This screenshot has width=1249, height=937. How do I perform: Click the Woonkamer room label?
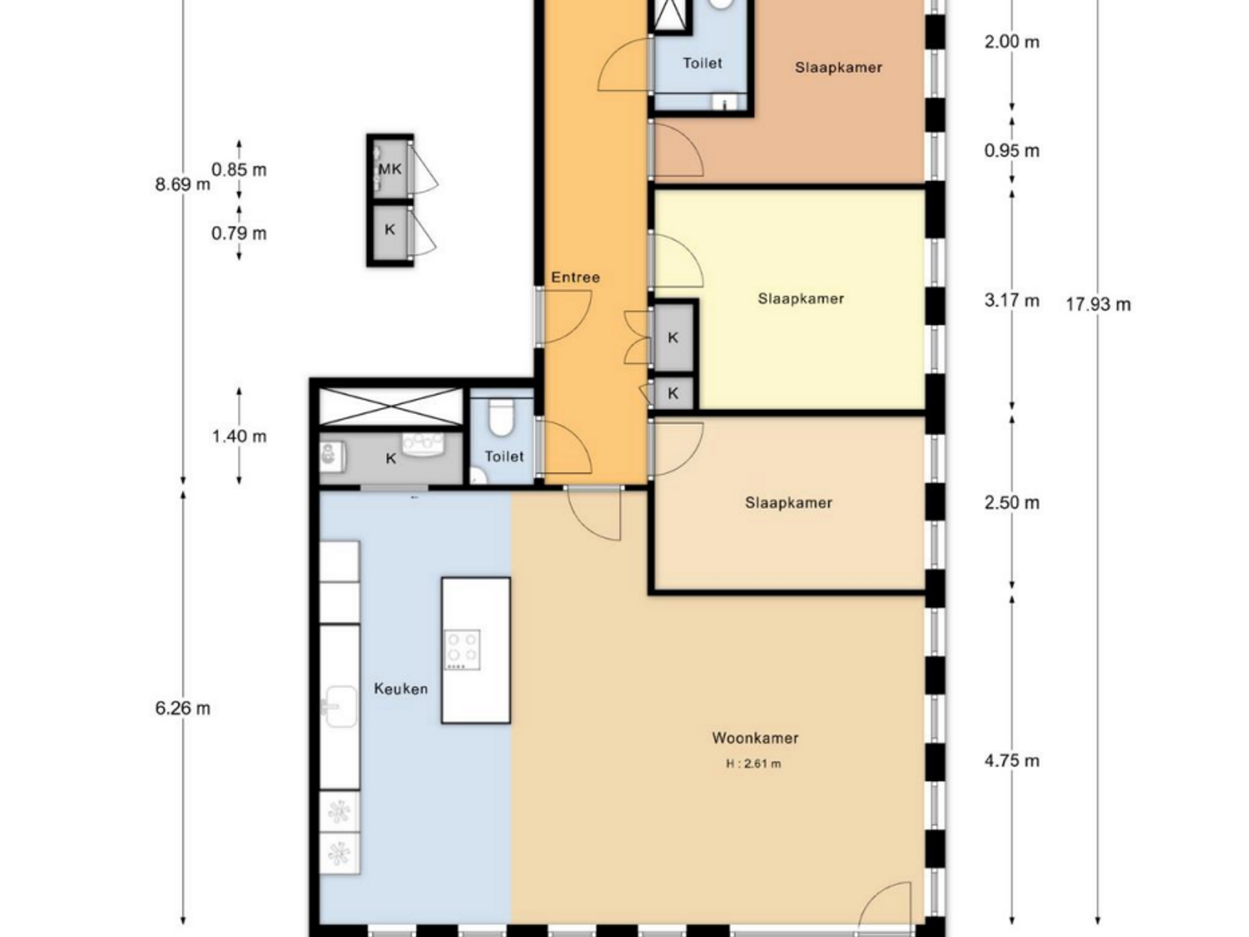(755, 737)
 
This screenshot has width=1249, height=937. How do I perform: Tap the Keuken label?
(401, 689)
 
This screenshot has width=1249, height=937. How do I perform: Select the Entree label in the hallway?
(575, 277)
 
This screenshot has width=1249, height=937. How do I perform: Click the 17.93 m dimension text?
(1098, 305)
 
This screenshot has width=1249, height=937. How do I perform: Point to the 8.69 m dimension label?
(182, 184)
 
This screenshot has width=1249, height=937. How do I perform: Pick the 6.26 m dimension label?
(182, 708)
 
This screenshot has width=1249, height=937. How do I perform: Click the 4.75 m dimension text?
(1012, 761)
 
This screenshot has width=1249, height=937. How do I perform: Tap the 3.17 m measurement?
(1012, 301)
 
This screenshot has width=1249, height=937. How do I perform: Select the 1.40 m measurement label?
(239, 436)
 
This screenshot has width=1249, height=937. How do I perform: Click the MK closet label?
(390, 169)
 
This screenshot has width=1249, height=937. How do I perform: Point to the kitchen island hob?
(463, 650)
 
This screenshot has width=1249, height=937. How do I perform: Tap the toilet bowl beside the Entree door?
(501, 418)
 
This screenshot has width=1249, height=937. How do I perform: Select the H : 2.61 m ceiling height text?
(754, 764)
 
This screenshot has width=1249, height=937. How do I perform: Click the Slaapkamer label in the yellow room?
(801, 298)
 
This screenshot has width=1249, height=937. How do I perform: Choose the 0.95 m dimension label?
(1012, 151)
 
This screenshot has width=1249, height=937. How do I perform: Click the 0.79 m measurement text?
(239, 233)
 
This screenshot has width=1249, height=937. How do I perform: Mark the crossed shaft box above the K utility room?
(391, 407)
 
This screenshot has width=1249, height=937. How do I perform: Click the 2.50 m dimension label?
(1012, 503)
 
